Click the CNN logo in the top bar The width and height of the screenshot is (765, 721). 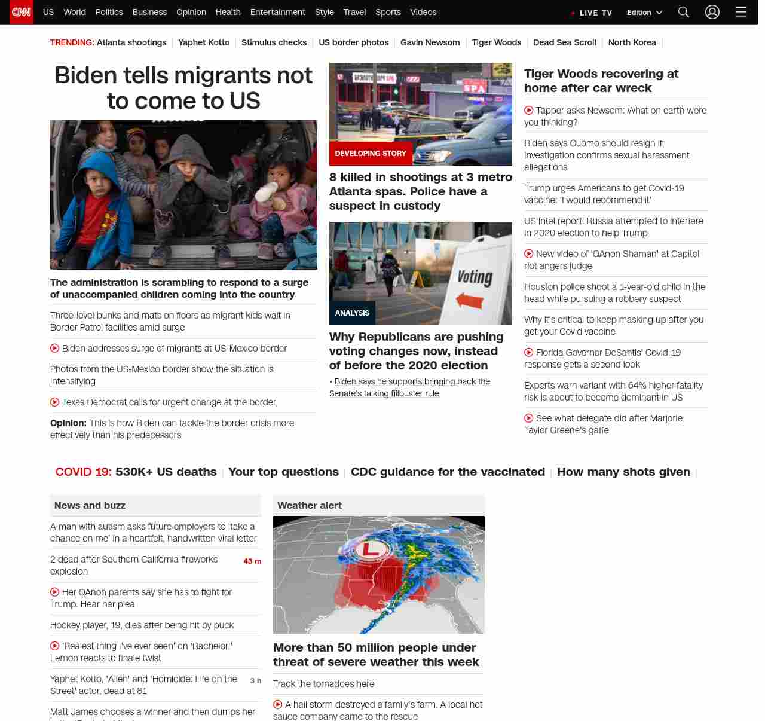22,12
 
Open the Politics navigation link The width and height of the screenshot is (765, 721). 109,12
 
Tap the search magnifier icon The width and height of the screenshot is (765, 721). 684,12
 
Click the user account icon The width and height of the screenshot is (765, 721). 712,12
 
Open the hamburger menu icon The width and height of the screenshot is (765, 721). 741,12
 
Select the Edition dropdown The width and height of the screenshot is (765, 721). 644,13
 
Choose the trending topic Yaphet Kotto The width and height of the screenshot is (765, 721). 204,42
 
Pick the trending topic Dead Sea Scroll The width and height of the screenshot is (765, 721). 564,42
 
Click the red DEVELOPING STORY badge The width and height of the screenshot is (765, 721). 371,154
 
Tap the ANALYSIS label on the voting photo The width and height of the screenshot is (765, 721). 352,313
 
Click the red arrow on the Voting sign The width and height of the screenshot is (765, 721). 470,300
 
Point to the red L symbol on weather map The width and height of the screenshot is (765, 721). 371,548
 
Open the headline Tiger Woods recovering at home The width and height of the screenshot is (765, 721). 601,81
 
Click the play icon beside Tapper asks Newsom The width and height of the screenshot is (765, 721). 529,110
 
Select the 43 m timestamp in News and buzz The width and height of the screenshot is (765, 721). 252,561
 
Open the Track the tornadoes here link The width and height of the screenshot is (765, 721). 323,684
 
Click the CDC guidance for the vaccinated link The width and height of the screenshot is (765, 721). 448,472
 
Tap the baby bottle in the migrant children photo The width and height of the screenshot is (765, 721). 267,193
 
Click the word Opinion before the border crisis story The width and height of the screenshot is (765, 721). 68,423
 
